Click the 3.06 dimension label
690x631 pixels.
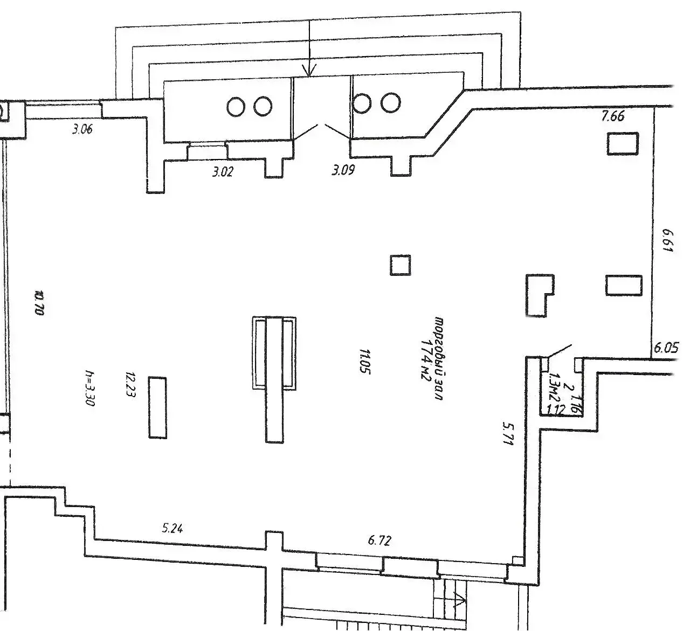click(x=82, y=129)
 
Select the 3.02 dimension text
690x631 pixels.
click(x=223, y=172)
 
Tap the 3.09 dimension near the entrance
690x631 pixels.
click(x=343, y=171)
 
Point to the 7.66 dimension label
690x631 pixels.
click(x=613, y=116)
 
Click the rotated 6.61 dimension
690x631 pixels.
click(x=667, y=243)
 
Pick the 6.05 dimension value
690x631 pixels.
click(x=666, y=348)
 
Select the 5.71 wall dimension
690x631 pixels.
click(x=507, y=433)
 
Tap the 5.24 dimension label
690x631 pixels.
click(x=172, y=528)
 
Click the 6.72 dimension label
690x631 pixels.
click(x=379, y=540)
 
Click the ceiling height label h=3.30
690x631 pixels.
click(x=90, y=388)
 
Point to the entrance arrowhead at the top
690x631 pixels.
click(x=309, y=70)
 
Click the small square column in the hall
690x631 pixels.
click(x=400, y=265)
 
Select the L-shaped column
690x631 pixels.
click(x=538, y=295)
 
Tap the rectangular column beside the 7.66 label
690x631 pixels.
click(x=623, y=143)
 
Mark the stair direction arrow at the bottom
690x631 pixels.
click(x=460, y=599)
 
